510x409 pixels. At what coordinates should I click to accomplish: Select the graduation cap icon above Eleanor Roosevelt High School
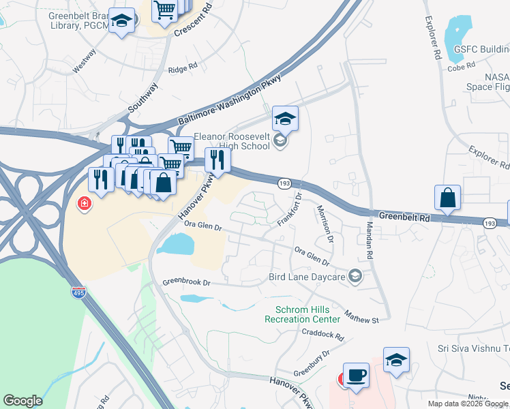(x=285, y=119)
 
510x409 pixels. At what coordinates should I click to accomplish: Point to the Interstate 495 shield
(x=79, y=292)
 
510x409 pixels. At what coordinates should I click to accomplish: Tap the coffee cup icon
(x=356, y=375)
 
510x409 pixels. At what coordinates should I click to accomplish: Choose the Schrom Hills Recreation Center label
(x=302, y=314)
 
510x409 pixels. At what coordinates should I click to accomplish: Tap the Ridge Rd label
(x=182, y=68)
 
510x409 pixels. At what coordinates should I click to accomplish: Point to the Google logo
(x=22, y=401)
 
